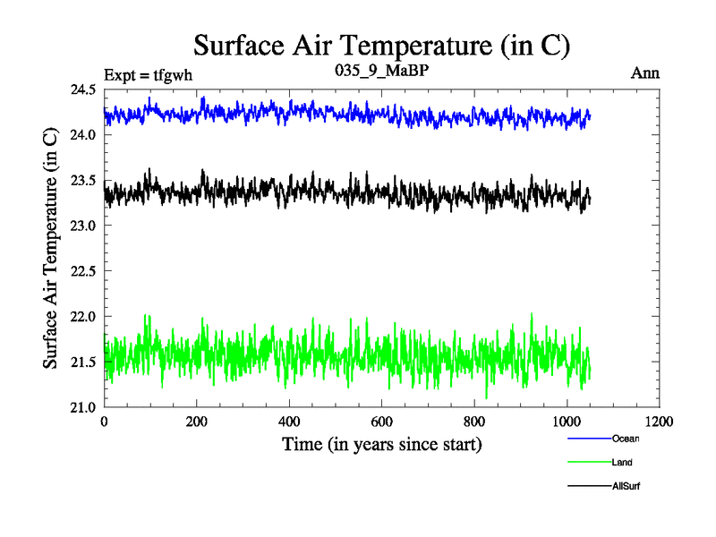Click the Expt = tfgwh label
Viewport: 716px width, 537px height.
point(149,73)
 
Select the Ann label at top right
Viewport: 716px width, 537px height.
point(645,73)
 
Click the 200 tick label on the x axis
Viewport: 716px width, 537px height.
point(197,422)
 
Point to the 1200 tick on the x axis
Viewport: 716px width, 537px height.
point(660,422)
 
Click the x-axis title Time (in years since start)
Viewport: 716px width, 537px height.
point(382,444)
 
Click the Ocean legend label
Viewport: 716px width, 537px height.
point(626,439)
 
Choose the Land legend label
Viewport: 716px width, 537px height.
point(622,463)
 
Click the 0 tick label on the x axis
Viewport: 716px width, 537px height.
point(105,422)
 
